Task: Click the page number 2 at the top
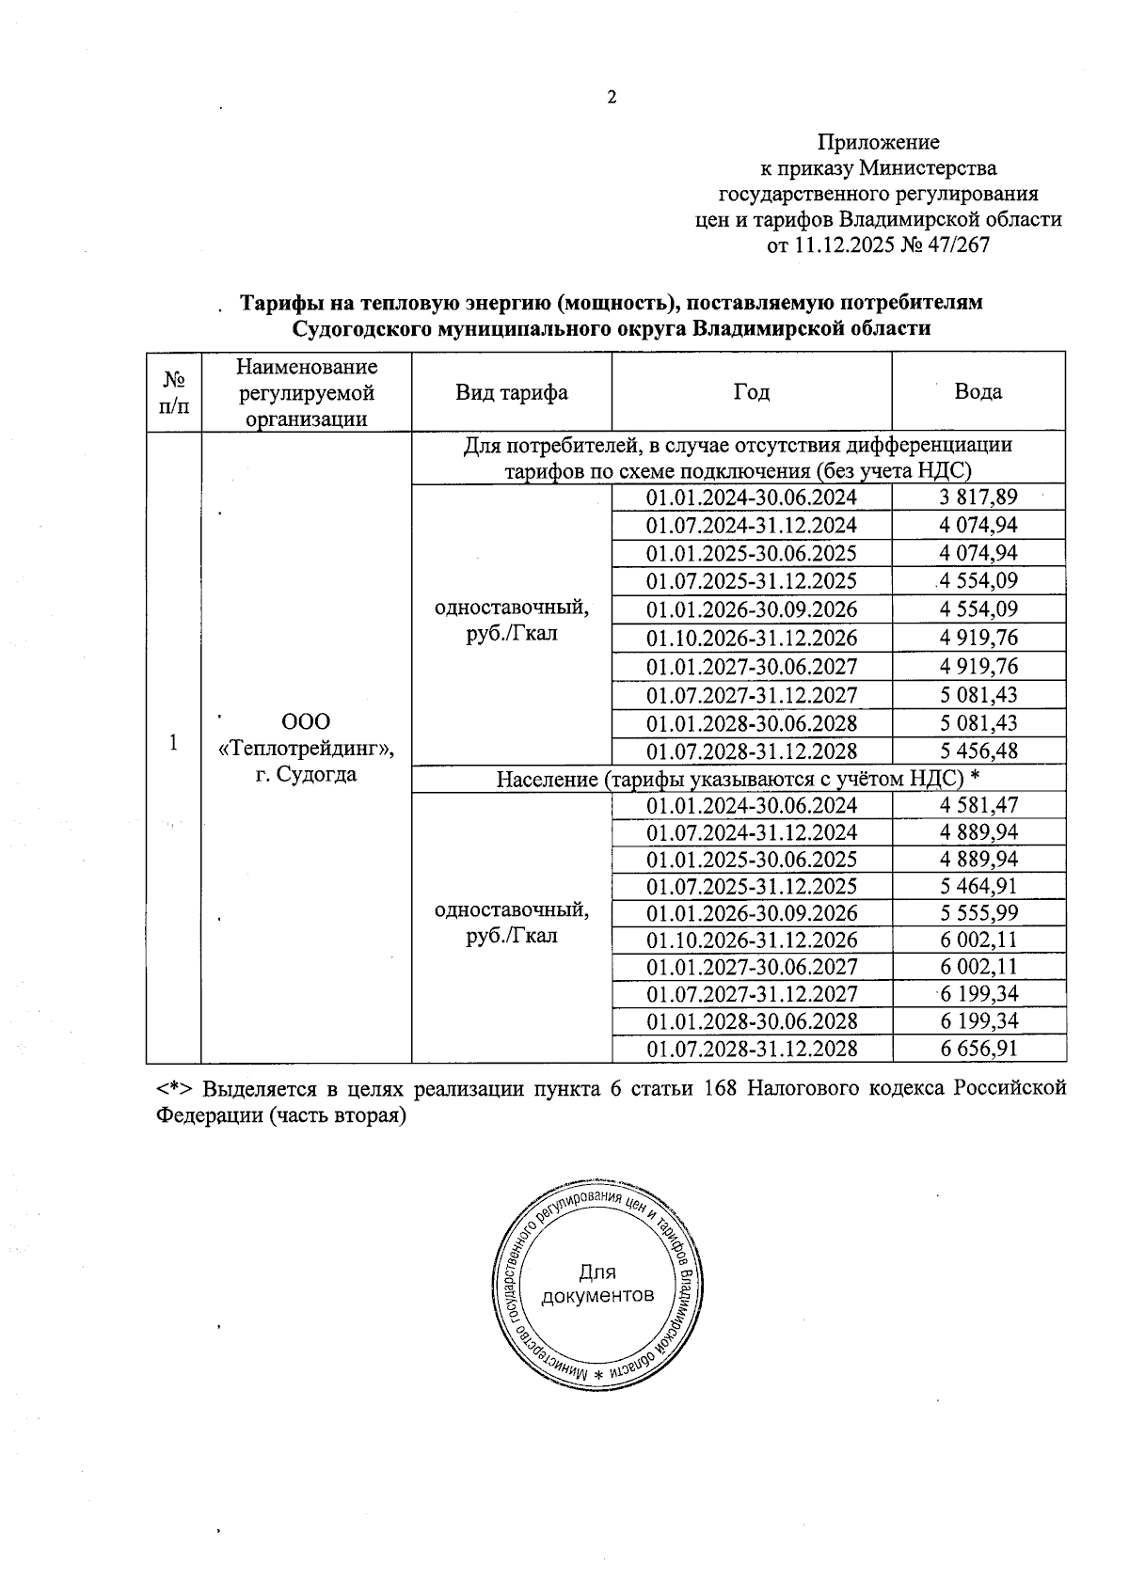pos(611,98)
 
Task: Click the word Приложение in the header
pos(878,142)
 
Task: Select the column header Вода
pos(978,392)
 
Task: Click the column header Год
pos(751,392)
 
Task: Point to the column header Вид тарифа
pos(512,392)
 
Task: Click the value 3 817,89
pos(978,497)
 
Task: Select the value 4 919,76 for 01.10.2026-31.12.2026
pos(978,638)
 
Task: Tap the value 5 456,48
pos(978,751)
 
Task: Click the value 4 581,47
pos(978,805)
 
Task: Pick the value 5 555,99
pos(978,912)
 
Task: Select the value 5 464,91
pos(978,886)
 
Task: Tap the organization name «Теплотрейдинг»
pos(307,749)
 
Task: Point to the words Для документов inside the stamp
pos(597,1284)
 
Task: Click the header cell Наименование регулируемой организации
pos(307,392)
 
